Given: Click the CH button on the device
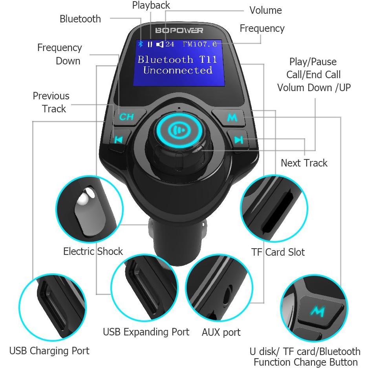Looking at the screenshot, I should [x=126, y=117].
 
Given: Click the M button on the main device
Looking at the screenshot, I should [x=232, y=117].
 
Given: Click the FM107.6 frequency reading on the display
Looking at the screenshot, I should [x=200, y=44].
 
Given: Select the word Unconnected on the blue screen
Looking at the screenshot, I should [x=178, y=71].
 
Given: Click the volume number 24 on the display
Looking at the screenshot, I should [x=170, y=44].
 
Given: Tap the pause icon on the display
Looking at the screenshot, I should [x=150, y=44].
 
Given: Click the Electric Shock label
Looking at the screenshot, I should [x=93, y=251].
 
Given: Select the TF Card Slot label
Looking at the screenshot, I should [x=278, y=252].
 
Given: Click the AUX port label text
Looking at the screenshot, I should [x=221, y=332].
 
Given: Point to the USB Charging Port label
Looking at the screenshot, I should [x=49, y=350].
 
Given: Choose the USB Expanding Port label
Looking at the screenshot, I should [x=146, y=332].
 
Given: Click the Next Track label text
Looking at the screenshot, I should [x=304, y=163].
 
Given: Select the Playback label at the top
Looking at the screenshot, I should [x=151, y=5].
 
